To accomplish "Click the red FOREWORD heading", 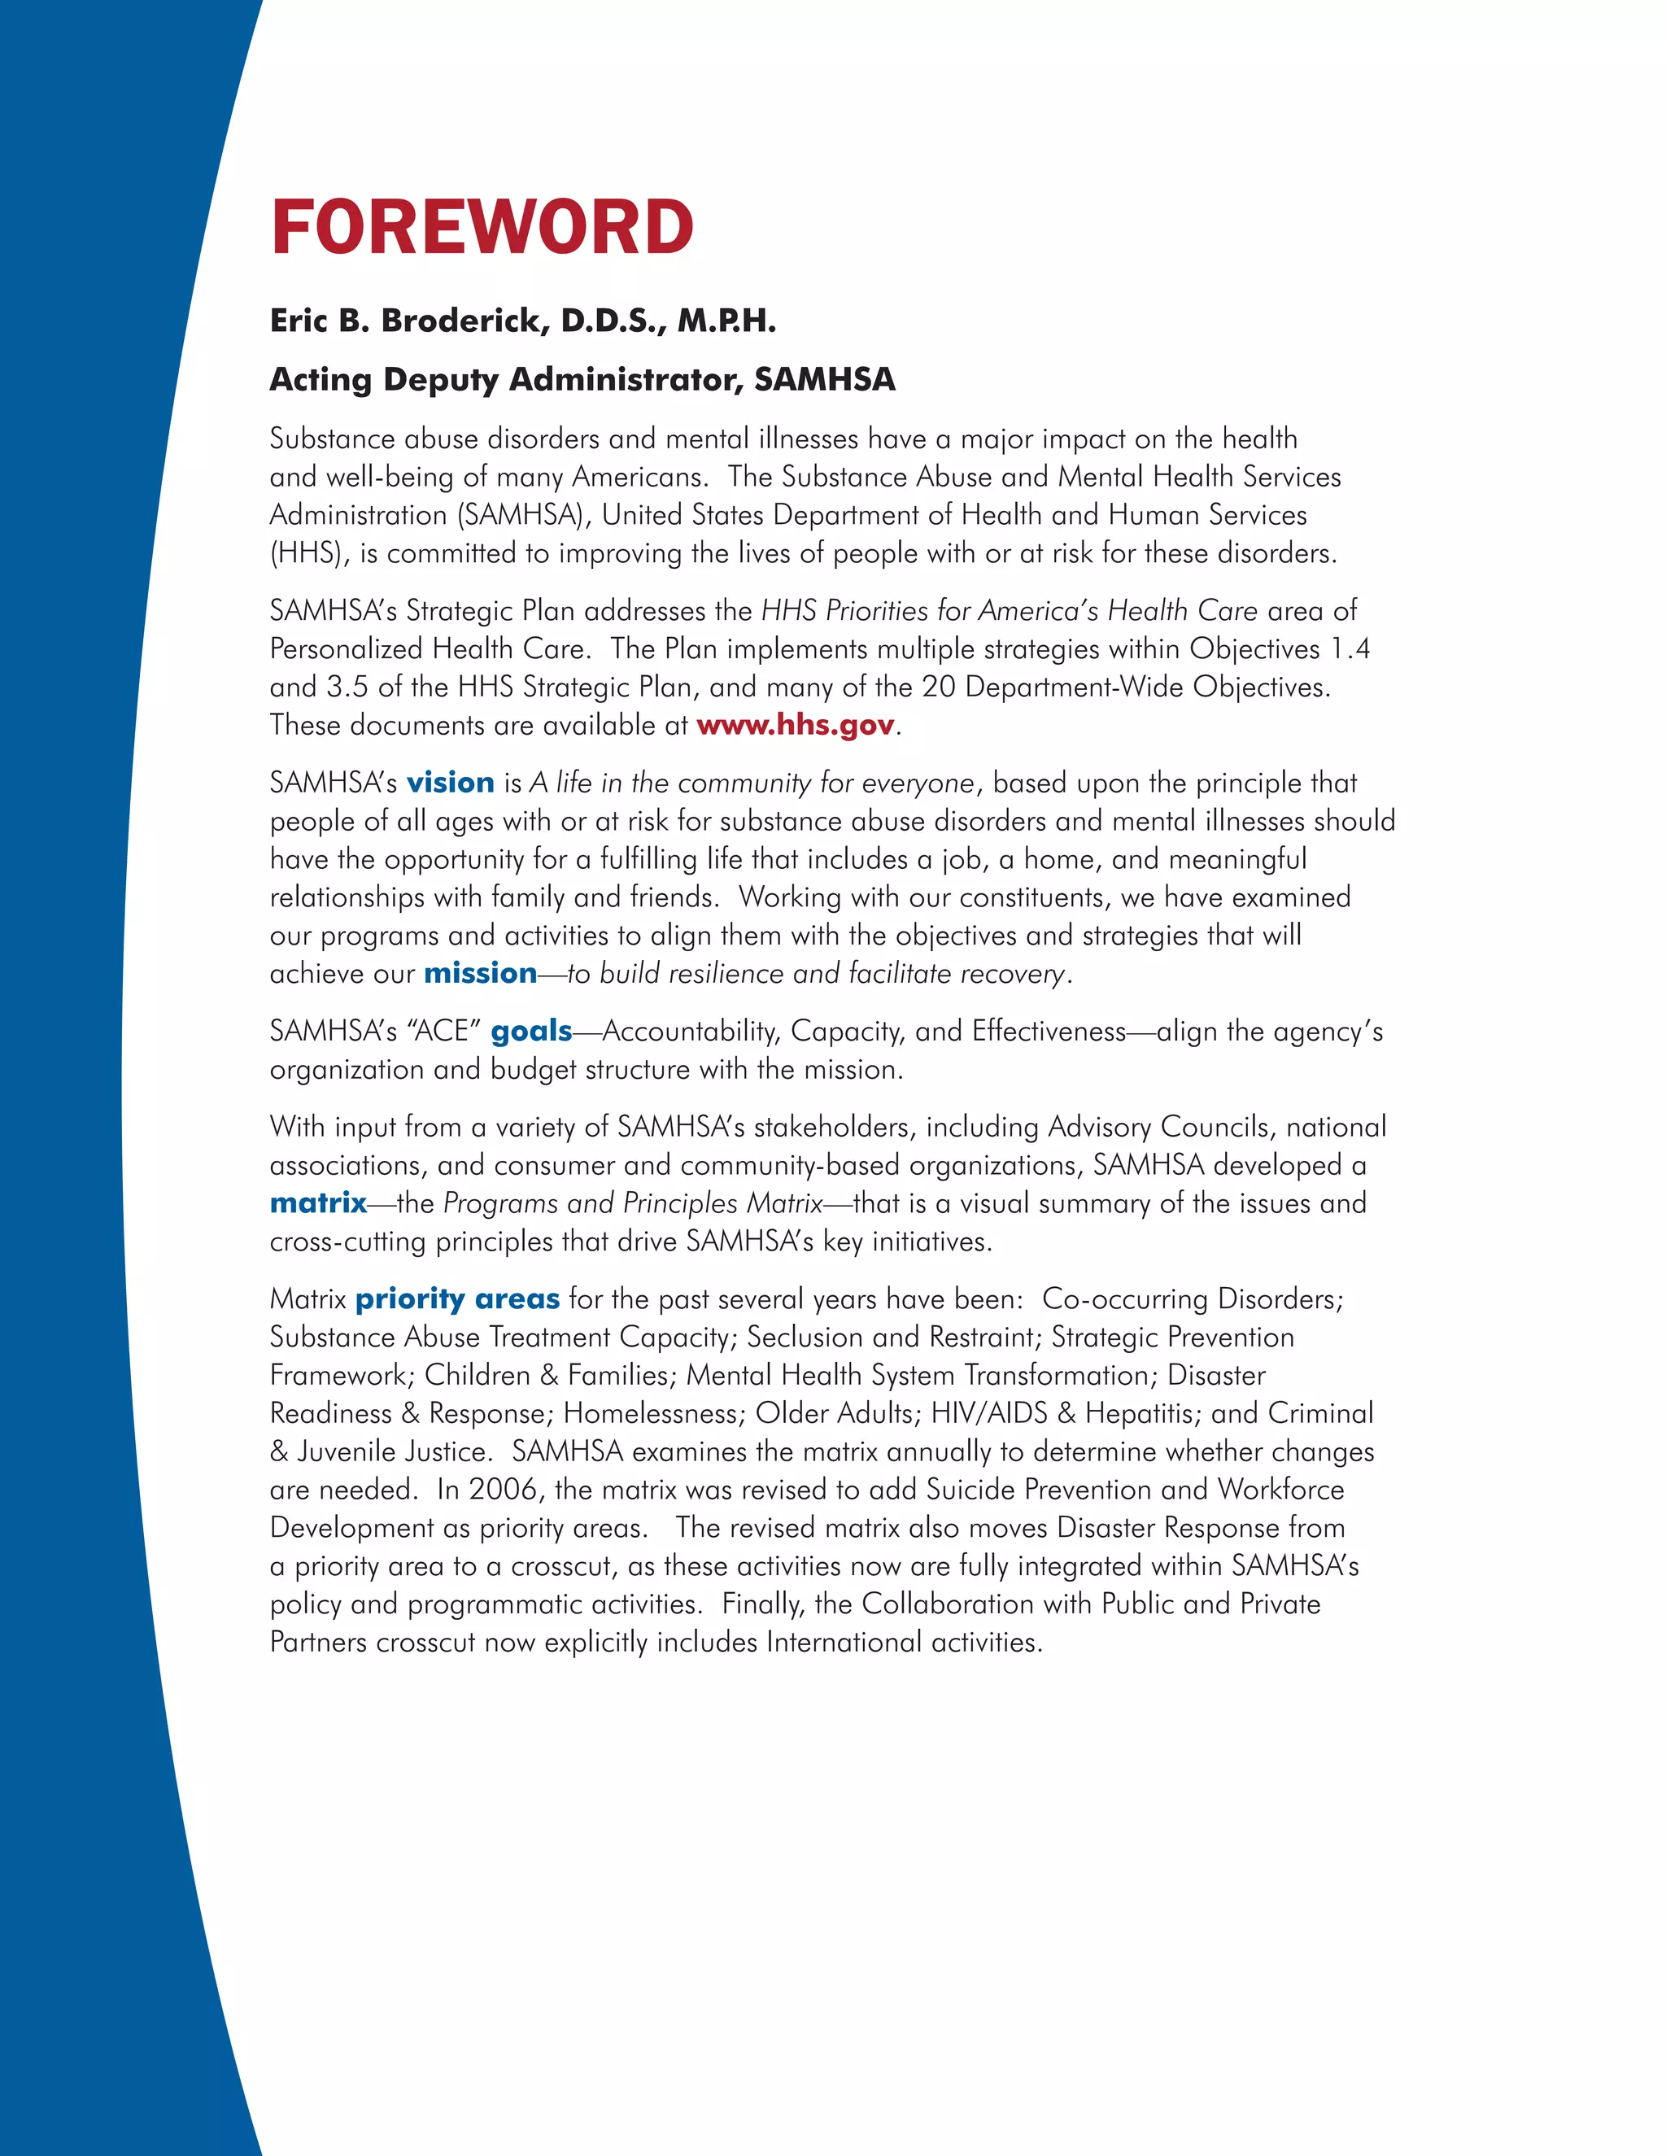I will [x=482, y=227].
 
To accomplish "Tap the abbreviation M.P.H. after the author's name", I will [x=726, y=321].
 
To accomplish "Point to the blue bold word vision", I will [x=450, y=783].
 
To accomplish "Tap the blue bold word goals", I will [x=531, y=1032].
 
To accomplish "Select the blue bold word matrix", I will [x=318, y=1203].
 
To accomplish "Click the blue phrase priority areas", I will [x=457, y=1299].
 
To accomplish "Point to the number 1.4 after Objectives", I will [x=1350, y=648].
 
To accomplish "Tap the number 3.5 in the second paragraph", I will [x=347, y=687].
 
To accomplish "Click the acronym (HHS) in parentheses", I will [x=309, y=554].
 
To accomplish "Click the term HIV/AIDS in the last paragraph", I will [x=989, y=1414].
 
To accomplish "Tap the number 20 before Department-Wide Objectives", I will [x=938, y=687].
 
